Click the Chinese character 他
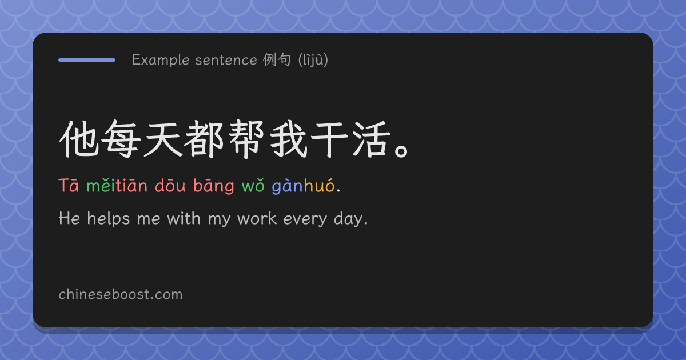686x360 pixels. tap(79, 139)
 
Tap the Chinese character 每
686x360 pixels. tap(121, 139)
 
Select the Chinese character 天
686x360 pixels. tap(163, 139)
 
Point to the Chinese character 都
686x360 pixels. tap(205, 139)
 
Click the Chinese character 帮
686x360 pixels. tap(246, 139)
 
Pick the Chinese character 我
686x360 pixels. tap(288, 139)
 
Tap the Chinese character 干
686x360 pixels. tap(330, 139)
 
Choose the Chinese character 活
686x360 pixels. tap(372, 139)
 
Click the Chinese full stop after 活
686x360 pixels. tap(401, 151)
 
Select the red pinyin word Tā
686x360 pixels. tap(69, 186)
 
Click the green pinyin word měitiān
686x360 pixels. tap(117, 186)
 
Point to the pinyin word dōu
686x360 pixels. tap(170, 186)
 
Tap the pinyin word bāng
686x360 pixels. tap(214, 186)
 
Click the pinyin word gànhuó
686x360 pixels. tap(303, 186)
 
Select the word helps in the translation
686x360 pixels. tap(109, 219)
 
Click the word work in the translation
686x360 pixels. tap(257, 218)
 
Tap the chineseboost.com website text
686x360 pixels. tap(121, 294)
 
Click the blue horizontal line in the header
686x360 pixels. tap(87, 60)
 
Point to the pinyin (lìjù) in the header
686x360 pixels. tap(313, 59)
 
